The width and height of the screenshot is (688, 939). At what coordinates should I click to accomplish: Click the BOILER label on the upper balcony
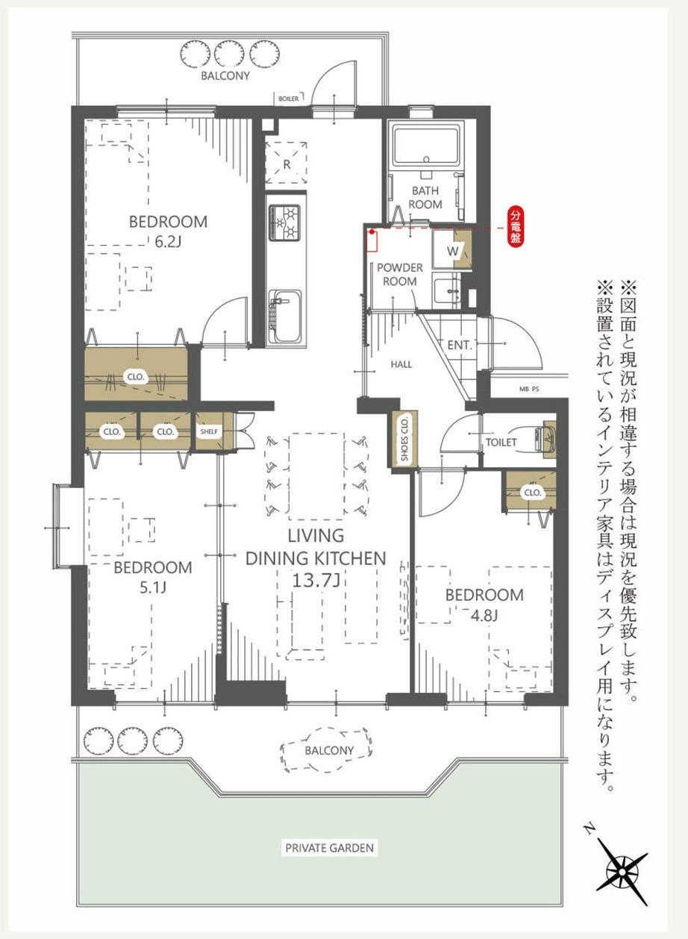click(x=289, y=99)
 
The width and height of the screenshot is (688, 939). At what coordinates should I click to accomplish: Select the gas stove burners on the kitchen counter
click(x=285, y=222)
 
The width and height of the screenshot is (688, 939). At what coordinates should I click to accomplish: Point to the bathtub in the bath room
click(x=425, y=147)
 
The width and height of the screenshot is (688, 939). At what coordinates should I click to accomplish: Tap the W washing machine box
click(x=451, y=251)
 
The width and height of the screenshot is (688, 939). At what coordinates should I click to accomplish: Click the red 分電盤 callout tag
click(x=515, y=227)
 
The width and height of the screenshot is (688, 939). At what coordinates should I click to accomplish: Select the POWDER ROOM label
click(x=400, y=274)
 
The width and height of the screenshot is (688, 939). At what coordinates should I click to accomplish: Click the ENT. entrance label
click(x=460, y=345)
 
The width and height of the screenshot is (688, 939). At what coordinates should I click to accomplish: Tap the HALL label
click(x=401, y=364)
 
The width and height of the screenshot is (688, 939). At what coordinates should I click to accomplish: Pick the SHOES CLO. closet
click(x=404, y=439)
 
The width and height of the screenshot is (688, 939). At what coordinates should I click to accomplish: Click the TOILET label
click(x=501, y=442)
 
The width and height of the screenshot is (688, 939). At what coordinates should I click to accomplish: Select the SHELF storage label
click(x=209, y=431)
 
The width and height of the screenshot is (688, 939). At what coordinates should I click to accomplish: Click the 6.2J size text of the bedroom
click(x=168, y=242)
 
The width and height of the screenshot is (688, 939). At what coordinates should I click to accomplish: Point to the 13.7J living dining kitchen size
click(x=315, y=580)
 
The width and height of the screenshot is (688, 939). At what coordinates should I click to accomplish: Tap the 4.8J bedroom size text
click(x=484, y=615)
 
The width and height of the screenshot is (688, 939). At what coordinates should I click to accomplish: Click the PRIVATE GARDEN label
click(x=329, y=836)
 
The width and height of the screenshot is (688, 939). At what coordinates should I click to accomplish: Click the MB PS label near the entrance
click(x=529, y=389)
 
